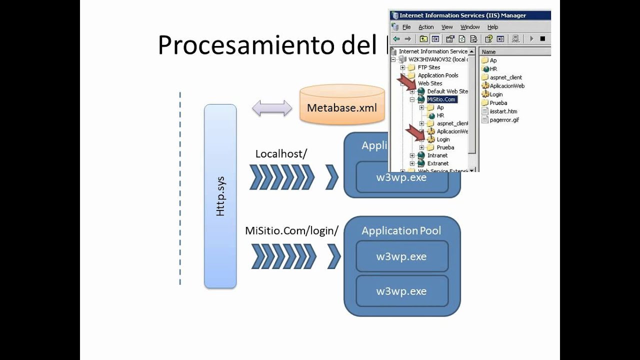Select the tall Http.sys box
(220, 196)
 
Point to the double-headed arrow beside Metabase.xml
(272, 108)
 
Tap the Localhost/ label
(280, 153)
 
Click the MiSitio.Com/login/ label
(291, 230)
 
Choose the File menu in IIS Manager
(406, 27)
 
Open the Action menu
(426, 27)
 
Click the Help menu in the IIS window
(492, 27)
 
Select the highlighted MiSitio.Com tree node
(442, 99)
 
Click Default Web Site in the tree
(447, 91)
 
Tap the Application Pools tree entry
(438, 75)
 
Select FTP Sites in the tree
(429, 67)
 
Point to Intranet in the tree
(437, 155)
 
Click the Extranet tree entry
(438, 163)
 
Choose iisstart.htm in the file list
(503, 111)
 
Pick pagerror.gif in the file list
(504, 120)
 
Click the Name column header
(489, 51)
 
